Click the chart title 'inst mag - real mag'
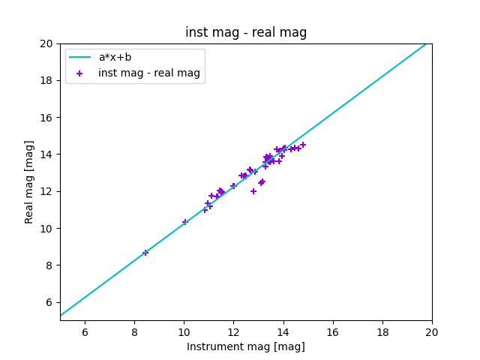point(246,32)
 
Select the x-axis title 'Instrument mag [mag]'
point(246,346)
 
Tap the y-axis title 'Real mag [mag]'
point(29,181)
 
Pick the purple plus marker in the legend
point(80,73)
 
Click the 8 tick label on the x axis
point(134,332)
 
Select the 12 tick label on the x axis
point(233,332)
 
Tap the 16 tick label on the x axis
point(333,332)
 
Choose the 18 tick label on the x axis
point(382,332)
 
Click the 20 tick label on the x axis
point(432,332)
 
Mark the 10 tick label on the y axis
point(46,229)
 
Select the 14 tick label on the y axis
point(46,154)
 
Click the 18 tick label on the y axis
point(46,81)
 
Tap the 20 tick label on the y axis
point(46,43)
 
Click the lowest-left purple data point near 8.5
point(145,253)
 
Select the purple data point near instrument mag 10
point(185,222)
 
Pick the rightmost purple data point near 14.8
point(303,145)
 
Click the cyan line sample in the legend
point(80,58)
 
